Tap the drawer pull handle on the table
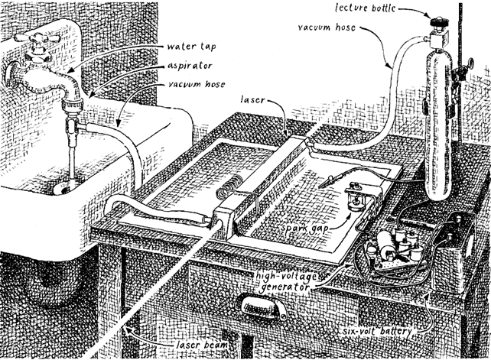[x=262, y=308]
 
